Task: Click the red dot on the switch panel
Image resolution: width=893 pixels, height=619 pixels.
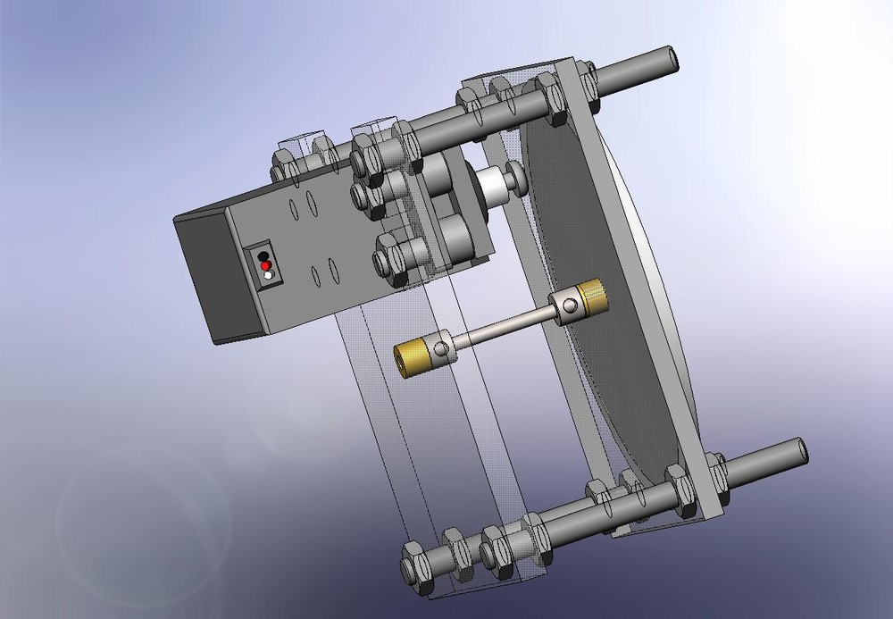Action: (x=265, y=266)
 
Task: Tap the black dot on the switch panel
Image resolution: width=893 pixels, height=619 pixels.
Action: (x=263, y=257)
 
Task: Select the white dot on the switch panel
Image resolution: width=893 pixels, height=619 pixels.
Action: (x=268, y=275)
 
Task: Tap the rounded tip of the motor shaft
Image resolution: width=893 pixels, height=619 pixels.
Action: (x=516, y=175)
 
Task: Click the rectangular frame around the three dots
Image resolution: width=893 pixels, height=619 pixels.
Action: (x=265, y=266)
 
